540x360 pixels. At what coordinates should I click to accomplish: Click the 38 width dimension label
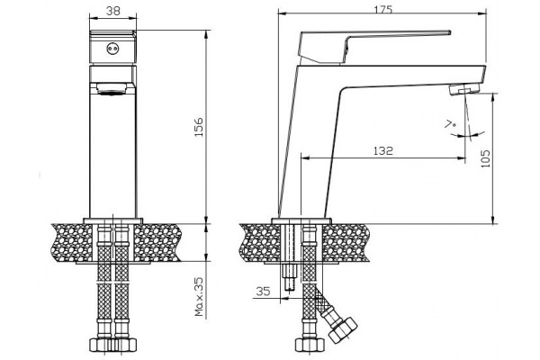[113, 11]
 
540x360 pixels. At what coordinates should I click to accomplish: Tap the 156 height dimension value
[199, 127]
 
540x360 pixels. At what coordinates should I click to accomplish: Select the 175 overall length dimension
[383, 9]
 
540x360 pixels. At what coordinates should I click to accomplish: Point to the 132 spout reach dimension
[383, 150]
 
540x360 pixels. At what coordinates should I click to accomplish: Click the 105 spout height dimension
[485, 158]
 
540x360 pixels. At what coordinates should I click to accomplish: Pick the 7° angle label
[450, 123]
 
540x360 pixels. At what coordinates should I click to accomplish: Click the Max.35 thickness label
[200, 296]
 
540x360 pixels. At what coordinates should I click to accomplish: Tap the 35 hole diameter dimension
[264, 292]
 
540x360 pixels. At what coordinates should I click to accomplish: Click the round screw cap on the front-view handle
[112, 49]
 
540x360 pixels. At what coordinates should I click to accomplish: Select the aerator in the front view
[111, 89]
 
